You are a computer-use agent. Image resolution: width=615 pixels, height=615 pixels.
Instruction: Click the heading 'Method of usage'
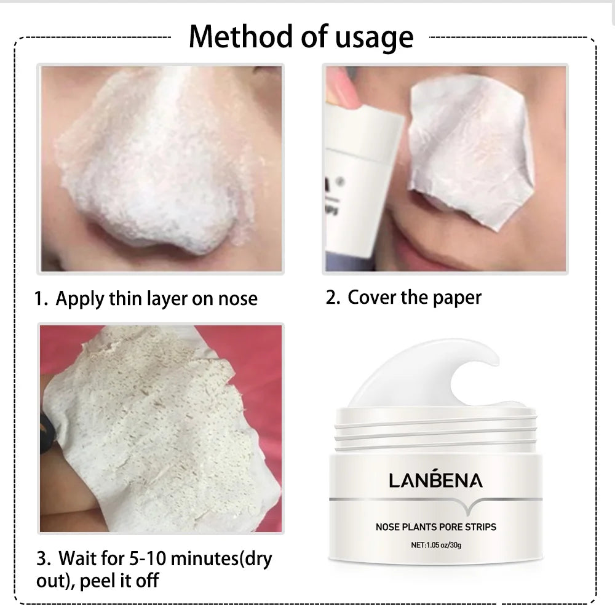pyautogui.click(x=301, y=36)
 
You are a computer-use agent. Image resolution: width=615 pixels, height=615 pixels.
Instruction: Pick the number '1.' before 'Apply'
pyautogui.click(x=41, y=299)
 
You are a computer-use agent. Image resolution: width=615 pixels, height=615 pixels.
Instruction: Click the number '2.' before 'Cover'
pyautogui.click(x=333, y=298)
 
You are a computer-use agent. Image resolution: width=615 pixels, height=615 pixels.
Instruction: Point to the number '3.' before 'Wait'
pyautogui.click(x=43, y=559)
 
